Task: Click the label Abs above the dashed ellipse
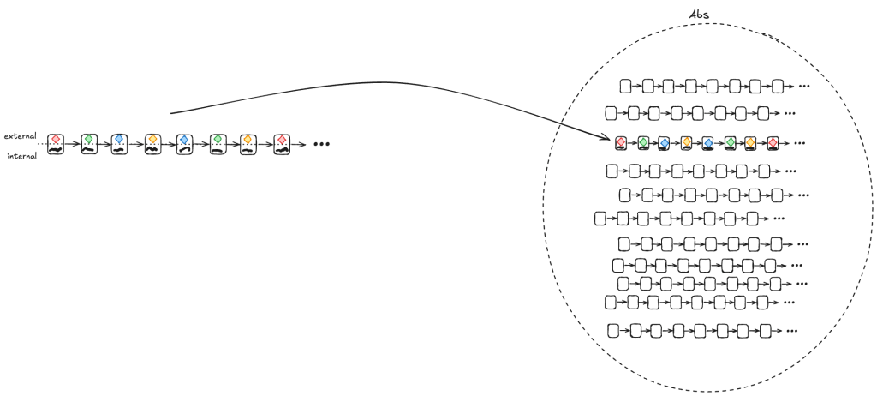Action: (699, 15)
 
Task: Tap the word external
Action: (19, 135)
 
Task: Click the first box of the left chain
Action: (56, 144)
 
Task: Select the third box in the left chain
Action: (120, 144)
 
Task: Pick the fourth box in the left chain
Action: (152, 144)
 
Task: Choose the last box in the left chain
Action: (281, 144)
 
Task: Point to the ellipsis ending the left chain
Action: (321, 144)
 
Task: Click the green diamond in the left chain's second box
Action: (88, 138)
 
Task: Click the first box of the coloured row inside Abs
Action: (621, 143)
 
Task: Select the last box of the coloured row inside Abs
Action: (773, 143)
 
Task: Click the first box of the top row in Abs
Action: (626, 86)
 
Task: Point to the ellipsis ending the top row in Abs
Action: (804, 86)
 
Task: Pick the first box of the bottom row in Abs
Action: (613, 330)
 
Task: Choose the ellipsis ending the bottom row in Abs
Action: (791, 330)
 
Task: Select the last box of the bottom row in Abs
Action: (765, 330)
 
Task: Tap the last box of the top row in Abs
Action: (778, 86)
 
